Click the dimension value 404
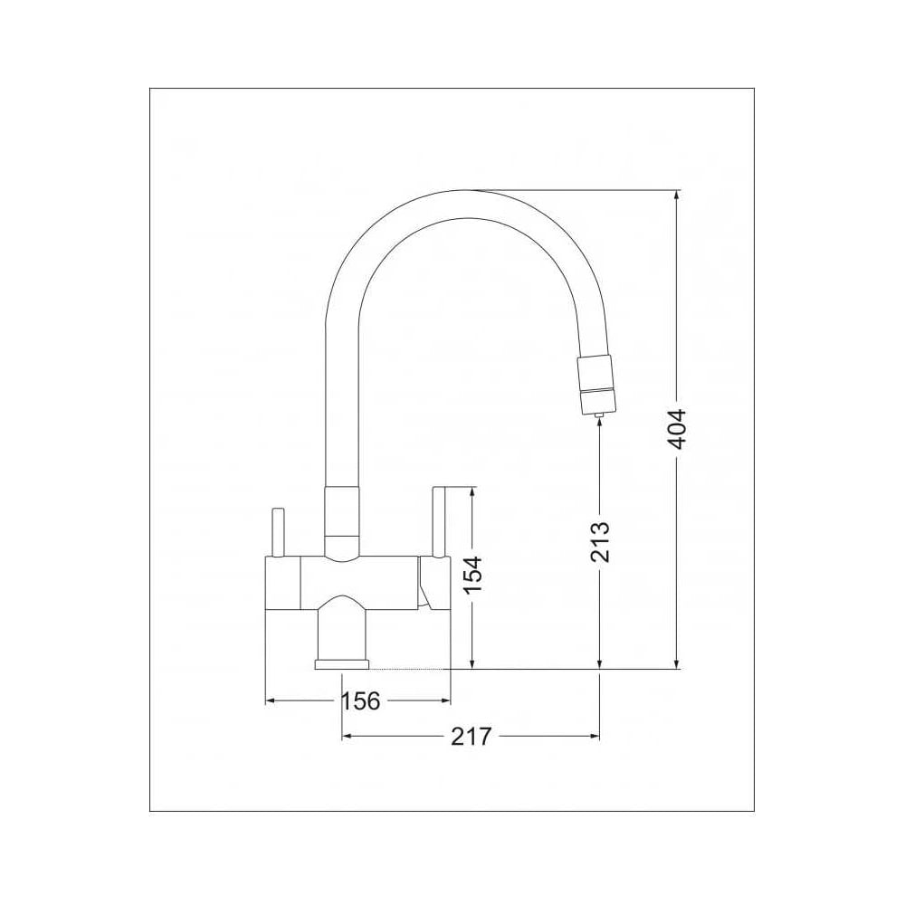[677, 429]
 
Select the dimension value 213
[600, 541]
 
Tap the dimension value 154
[472, 575]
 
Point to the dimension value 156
[361, 701]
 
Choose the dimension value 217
[471, 737]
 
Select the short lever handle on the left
[278, 532]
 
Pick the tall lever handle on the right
[441, 522]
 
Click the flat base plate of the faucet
[342, 665]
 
